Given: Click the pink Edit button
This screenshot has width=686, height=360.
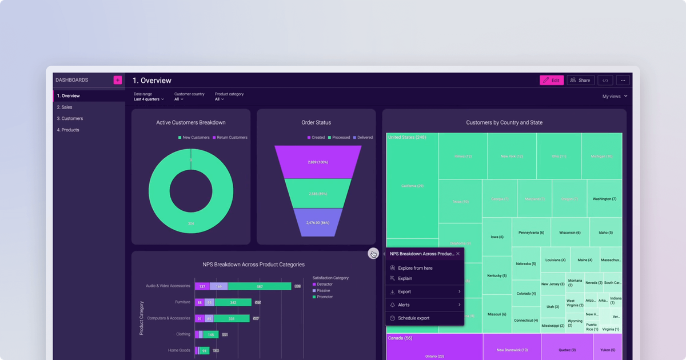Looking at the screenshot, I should coord(552,81).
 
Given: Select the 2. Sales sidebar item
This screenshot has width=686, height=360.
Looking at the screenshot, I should coord(65,107).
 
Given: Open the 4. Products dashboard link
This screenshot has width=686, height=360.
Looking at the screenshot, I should coord(68,130).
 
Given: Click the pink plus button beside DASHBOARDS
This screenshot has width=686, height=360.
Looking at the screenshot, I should coord(117,80).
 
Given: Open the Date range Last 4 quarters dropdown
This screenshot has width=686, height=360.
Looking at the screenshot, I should coord(149,99).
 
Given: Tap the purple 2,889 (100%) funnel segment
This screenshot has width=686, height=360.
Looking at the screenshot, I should coord(317,162).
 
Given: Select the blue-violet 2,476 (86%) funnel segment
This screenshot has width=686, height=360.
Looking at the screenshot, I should coord(317,222).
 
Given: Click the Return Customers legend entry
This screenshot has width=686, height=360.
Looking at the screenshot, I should coord(230,138).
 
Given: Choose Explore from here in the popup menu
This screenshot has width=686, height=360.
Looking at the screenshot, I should coord(415,268).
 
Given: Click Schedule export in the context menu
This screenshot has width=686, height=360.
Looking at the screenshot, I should coord(413,318).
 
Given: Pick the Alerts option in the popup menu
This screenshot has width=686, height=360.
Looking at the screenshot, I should coord(404,305).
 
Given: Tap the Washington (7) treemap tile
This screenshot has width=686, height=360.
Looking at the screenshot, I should coord(604,199).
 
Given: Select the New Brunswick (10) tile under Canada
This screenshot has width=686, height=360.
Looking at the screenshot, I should coord(512,350).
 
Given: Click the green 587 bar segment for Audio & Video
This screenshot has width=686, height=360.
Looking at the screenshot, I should coord(259,286).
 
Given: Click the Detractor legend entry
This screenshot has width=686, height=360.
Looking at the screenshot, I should coord(324,284).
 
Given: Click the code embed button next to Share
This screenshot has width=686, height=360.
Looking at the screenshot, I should coord(605,81).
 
